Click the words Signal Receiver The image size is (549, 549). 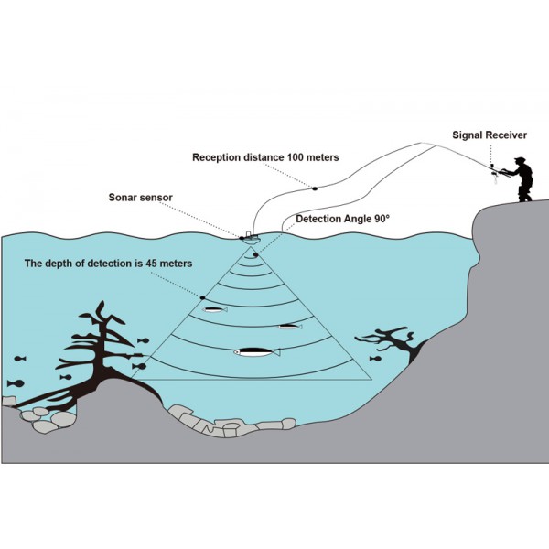[490, 135]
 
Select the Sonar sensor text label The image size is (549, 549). [140, 197]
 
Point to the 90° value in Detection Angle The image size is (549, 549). [381, 220]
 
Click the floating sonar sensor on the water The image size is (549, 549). [249, 238]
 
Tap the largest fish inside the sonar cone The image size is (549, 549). [257, 351]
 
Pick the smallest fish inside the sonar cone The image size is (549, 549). [215, 309]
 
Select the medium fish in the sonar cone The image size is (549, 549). [289, 326]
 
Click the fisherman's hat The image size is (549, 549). [521, 161]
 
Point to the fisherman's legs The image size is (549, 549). [525, 190]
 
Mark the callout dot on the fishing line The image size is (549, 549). [314, 188]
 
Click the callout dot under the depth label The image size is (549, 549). [202, 297]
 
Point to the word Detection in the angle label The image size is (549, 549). [322, 220]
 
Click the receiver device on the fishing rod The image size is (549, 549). [492, 171]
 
